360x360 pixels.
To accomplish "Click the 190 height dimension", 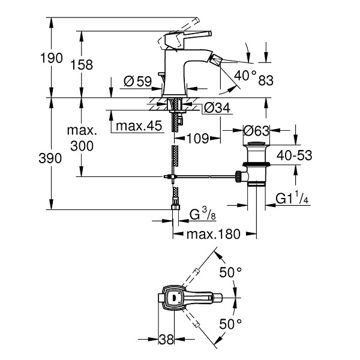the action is [51, 58].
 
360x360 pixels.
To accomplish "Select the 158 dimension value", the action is [82, 65].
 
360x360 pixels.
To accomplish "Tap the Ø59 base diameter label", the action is [138, 81].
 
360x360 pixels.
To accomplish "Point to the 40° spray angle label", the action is [245, 76].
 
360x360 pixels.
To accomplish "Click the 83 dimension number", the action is [266, 80].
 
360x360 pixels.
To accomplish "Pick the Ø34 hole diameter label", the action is [217, 107].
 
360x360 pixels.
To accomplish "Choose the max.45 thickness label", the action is [139, 126].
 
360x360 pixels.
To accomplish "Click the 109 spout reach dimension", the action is [198, 138].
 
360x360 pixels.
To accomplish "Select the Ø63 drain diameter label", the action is [256, 131].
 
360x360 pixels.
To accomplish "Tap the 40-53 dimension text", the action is [295, 155].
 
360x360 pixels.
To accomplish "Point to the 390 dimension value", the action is [50, 158].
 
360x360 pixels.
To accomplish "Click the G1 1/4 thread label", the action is [292, 198].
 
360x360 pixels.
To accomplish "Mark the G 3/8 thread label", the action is [203, 214].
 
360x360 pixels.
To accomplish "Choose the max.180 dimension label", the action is [214, 234].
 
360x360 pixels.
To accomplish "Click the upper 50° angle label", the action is [230, 272].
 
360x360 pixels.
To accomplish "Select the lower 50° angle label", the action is [230, 324].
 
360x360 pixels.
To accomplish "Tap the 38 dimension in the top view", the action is [166, 339].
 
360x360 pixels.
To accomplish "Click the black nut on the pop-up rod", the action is [238, 176].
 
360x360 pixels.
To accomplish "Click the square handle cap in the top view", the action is [175, 298].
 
